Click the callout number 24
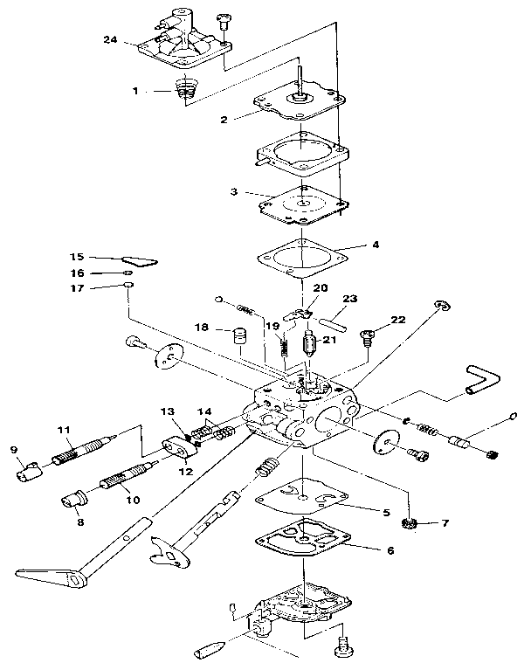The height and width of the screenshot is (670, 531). [x=109, y=40]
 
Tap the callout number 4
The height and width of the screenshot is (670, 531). [x=375, y=245]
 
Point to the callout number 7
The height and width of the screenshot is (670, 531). [x=445, y=523]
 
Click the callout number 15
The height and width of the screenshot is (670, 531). [x=77, y=257]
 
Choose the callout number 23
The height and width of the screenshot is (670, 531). [x=349, y=299]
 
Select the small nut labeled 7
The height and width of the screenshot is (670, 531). [x=406, y=523]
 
